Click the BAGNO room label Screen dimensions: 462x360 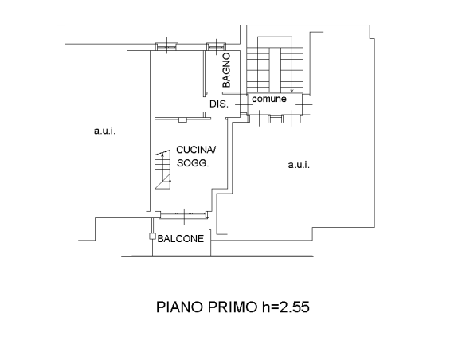pos(226,70)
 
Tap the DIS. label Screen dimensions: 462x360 pos(219,104)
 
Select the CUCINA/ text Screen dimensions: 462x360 pos(196,150)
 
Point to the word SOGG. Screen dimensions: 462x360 pos(193,163)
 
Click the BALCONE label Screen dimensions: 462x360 pos(180,239)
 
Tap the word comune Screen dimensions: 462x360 pos(269,99)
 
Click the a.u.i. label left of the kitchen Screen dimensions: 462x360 pos(104,131)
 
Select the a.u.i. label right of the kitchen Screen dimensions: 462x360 pos(299,165)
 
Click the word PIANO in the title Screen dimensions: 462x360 pos(180,307)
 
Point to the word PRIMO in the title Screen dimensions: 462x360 pos(233,307)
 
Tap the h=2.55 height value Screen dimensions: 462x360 pos(285,307)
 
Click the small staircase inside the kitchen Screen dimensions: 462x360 pos(163,170)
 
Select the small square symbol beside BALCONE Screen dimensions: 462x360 pos(152,237)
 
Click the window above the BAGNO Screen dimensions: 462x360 pos(217,46)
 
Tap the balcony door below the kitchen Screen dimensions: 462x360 pos(183,215)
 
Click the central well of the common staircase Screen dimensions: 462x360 pos(275,70)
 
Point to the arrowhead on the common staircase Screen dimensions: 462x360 pos(292,92)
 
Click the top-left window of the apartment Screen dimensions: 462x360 pos(166,46)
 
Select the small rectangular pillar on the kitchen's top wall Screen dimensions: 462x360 pos(182,120)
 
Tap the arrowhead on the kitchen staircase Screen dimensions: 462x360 pos(162,155)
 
